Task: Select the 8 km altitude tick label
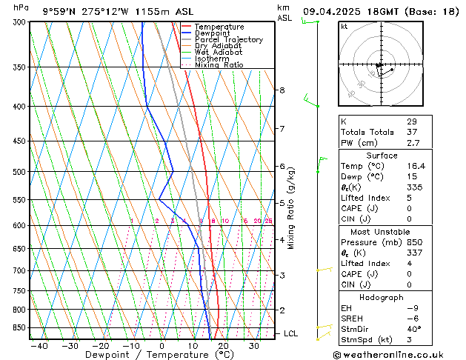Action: click(x=282, y=90)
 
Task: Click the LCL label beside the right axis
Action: click(x=290, y=334)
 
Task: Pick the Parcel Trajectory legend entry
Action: click(x=228, y=40)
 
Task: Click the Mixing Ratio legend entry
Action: click(x=219, y=65)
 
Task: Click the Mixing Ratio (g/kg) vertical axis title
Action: click(x=291, y=208)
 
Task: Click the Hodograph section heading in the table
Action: click(x=382, y=297)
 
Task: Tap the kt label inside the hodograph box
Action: click(x=344, y=27)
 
